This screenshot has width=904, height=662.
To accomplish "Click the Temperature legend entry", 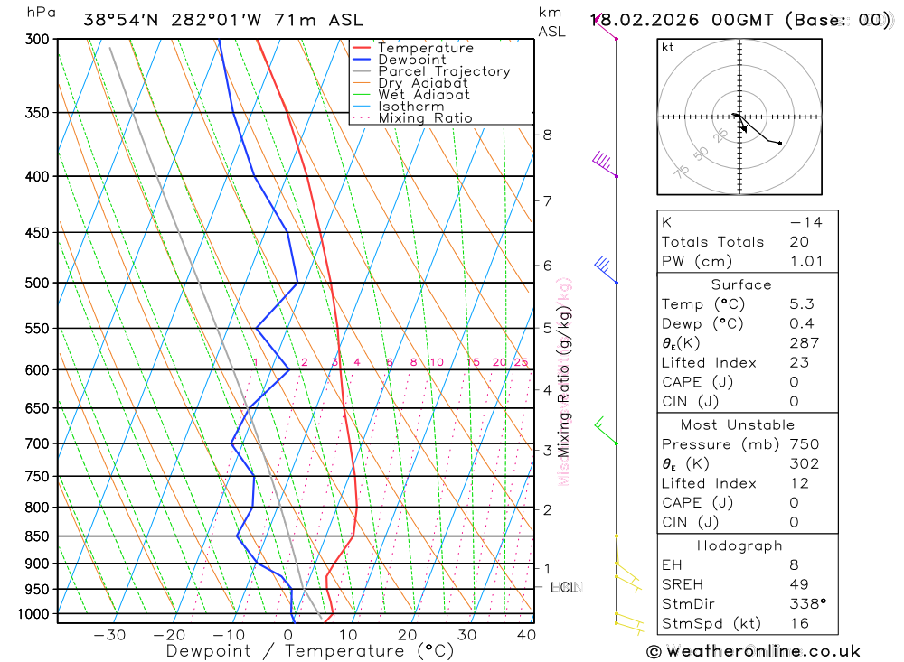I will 425,48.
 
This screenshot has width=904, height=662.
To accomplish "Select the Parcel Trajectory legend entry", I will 444,71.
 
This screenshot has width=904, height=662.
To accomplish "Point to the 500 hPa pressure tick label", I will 37,283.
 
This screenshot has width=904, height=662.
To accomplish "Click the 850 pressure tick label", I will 37,536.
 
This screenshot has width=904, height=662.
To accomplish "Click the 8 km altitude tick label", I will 547,135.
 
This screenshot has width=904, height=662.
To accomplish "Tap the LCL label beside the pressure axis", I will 563,588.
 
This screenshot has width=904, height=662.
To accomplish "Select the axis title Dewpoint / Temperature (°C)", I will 310,651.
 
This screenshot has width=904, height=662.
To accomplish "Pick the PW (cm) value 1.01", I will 806,261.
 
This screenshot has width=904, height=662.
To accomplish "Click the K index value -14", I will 805,222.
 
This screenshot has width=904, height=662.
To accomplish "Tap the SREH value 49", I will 799,584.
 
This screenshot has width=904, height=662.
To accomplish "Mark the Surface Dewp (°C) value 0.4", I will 801,323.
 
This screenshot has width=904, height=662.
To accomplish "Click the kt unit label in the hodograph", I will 669,47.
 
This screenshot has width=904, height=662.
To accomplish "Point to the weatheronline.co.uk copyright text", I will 753,651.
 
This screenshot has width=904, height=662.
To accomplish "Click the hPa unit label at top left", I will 40,13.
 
